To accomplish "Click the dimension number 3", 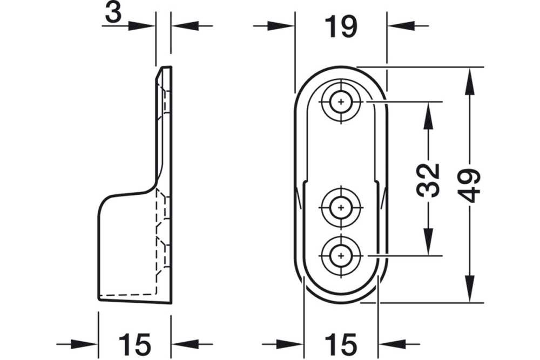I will [x=112, y=13].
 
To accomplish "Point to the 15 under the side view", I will [x=134, y=344].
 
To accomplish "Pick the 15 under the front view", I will [x=341, y=344].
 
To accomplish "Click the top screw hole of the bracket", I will [x=341, y=101].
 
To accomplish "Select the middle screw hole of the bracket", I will [x=341, y=206].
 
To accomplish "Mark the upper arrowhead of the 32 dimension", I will [x=429, y=114].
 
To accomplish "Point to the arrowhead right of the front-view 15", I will [x=392, y=344].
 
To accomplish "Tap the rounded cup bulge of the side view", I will [x=108, y=205].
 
